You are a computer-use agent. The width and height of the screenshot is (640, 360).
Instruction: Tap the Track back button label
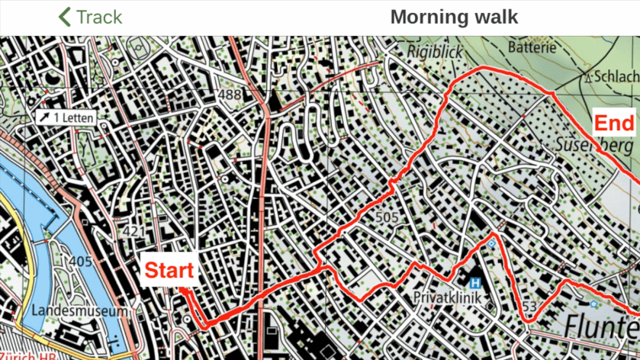[x=99, y=17]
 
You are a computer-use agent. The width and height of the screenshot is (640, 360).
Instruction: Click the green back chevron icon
[x=65, y=17]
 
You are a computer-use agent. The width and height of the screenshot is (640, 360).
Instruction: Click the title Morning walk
[x=454, y=17]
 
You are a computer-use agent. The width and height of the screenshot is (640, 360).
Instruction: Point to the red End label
[x=613, y=124]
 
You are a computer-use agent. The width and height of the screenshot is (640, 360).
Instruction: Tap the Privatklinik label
[x=447, y=297]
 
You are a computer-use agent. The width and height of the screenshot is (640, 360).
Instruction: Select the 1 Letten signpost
[x=68, y=117]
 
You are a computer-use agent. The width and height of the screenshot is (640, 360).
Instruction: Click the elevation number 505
[x=388, y=218]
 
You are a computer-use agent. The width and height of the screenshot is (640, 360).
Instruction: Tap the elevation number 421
[x=133, y=231]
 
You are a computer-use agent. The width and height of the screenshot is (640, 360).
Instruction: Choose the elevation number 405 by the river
[x=79, y=262]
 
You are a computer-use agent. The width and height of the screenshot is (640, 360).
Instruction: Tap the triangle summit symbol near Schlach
[x=588, y=76]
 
